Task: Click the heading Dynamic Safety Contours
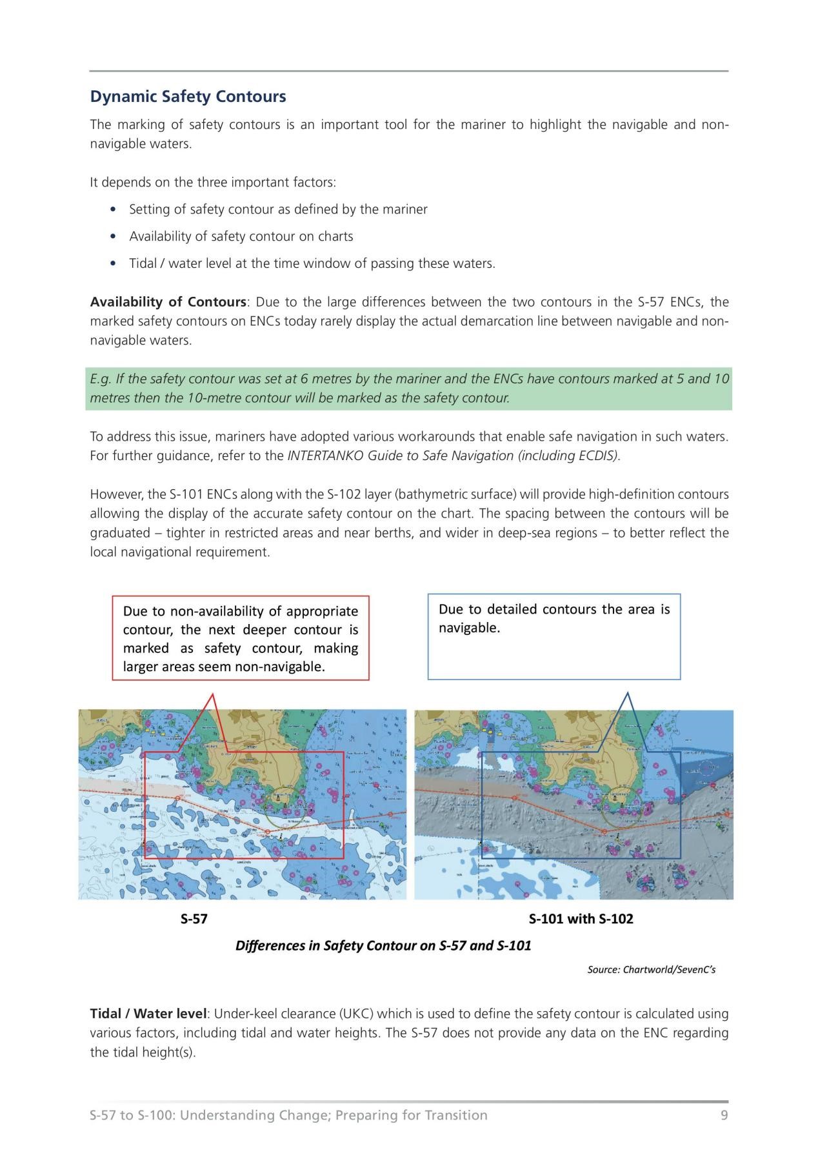[x=188, y=97]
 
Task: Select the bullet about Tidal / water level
[x=312, y=263]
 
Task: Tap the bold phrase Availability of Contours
[x=168, y=302]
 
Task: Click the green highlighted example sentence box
[x=409, y=388]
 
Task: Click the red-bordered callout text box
[x=241, y=638]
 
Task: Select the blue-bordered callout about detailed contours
[x=554, y=636]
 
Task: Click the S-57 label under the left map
[x=194, y=919]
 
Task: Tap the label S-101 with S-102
[x=581, y=919]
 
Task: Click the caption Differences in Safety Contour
[x=383, y=946]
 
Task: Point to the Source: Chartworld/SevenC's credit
[x=651, y=969]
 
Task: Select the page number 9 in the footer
[x=724, y=1115]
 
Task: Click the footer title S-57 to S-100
[x=288, y=1115]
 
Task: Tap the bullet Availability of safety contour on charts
[x=241, y=236]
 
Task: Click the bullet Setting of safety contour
[x=278, y=209]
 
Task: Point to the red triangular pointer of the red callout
[x=215, y=719]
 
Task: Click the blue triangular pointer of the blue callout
[x=628, y=719]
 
